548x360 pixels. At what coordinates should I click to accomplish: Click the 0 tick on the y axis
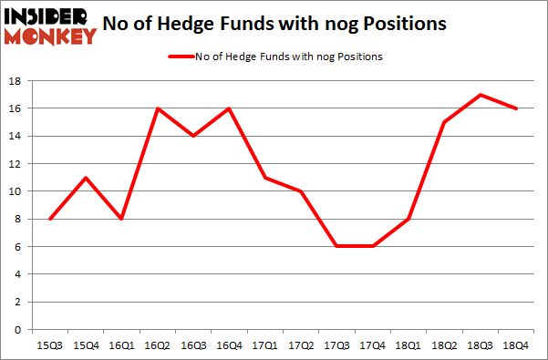click(x=16, y=329)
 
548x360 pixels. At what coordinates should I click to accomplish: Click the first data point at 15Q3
click(x=50, y=219)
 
